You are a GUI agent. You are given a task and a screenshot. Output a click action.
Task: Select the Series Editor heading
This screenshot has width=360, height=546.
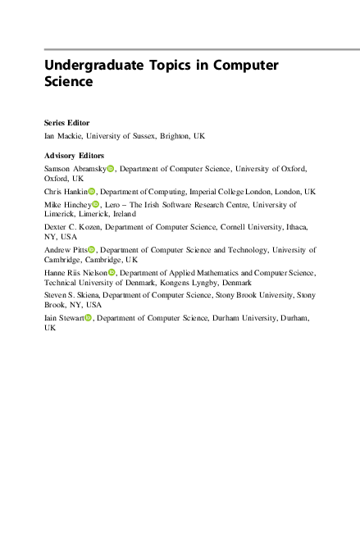[x=66, y=121]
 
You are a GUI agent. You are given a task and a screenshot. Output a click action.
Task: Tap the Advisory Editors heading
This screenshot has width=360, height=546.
[x=74, y=156]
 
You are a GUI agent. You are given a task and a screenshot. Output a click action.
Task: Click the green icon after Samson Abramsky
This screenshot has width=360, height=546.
[x=111, y=169]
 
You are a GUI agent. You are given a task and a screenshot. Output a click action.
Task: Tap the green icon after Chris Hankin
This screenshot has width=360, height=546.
[x=93, y=191]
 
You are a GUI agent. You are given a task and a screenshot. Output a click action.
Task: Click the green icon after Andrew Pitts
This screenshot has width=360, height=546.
[x=92, y=249]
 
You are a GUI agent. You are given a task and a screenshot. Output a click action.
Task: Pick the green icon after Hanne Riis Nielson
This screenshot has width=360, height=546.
[x=112, y=271]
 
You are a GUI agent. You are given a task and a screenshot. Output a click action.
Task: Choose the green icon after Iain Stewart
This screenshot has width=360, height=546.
[x=89, y=316]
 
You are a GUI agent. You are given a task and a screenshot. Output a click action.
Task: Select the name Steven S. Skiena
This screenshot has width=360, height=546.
[x=71, y=293]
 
